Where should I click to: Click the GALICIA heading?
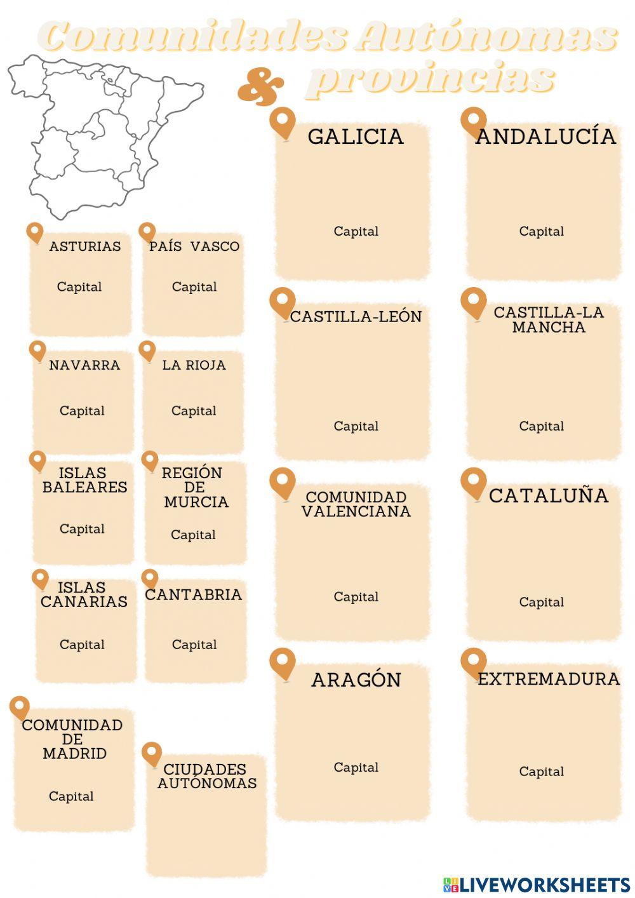(356, 137)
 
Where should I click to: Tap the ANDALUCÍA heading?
(545, 137)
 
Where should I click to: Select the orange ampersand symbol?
(260, 88)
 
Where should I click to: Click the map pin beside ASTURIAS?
(35, 232)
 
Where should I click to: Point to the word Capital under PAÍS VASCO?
(194, 287)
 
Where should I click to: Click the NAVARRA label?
(84, 365)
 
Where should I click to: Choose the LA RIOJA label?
(194, 365)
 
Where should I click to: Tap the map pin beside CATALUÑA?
(473, 483)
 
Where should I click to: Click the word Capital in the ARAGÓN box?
(356, 767)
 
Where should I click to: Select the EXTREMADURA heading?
(549, 679)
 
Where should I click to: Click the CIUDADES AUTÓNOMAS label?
(207, 776)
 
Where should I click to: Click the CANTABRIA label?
(194, 594)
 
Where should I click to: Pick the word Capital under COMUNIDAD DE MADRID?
(71, 796)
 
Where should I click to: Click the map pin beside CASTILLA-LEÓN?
(283, 302)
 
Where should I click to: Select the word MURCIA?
(196, 502)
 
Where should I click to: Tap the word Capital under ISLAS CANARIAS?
(82, 645)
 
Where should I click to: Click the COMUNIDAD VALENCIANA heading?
(356, 504)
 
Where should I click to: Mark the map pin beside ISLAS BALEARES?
(37, 460)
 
